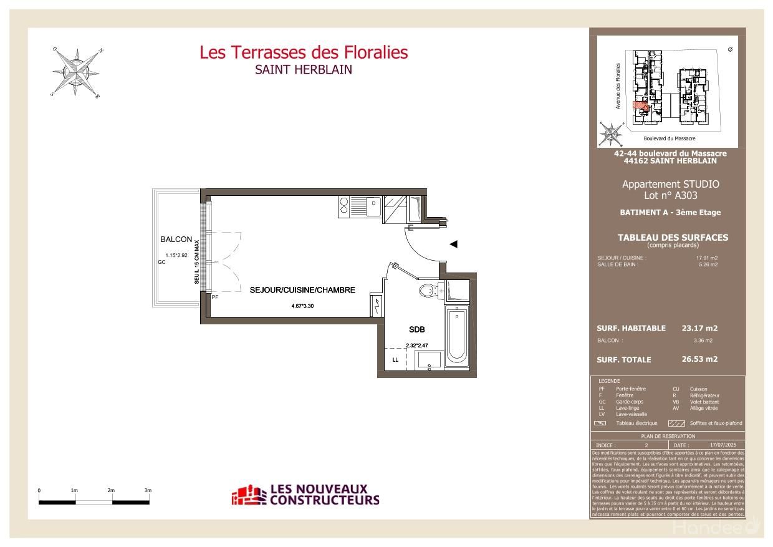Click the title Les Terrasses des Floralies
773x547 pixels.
(304, 52)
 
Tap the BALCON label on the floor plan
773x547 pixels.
(176, 240)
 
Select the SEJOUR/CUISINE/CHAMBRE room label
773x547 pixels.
(302, 290)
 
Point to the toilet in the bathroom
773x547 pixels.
(428, 291)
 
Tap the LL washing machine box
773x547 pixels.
(395, 360)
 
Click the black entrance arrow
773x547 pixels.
(454, 244)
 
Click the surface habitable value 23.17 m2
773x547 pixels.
(699, 328)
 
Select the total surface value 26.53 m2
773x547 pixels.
(699, 359)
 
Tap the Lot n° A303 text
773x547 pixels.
(670, 195)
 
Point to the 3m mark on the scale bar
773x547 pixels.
(148, 491)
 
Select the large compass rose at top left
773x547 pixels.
(77, 72)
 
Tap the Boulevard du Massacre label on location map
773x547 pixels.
(669, 138)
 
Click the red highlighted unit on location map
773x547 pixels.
(639, 105)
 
